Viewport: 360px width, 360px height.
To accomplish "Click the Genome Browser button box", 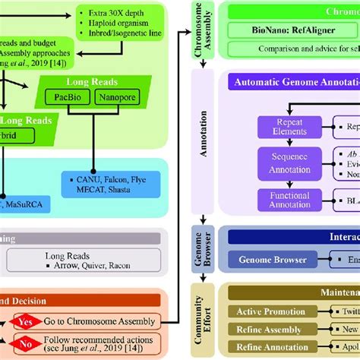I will pyautogui.click(x=273, y=260).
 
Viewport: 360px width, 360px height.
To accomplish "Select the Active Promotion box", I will pyautogui.click(x=270, y=312).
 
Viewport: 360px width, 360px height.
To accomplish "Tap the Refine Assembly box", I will pyautogui.click(x=270, y=330).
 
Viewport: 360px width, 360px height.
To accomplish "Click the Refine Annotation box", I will pyautogui.click(x=270, y=347).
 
